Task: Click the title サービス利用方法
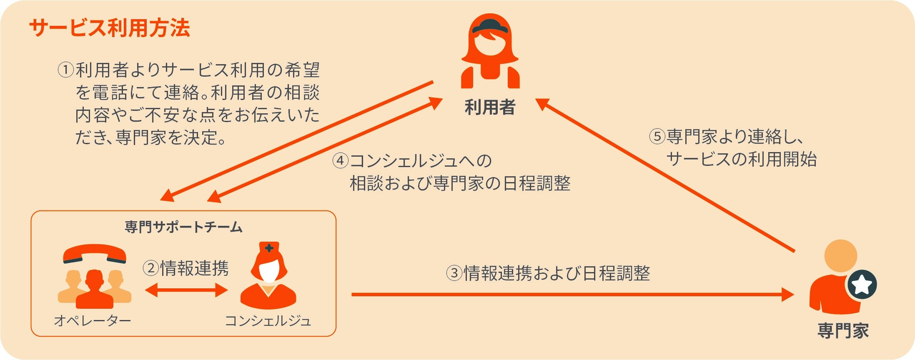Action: tap(110, 28)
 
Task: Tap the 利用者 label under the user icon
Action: tap(490, 107)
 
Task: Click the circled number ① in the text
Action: tap(65, 70)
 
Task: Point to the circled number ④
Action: tap(341, 161)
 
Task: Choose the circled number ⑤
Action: tap(657, 137)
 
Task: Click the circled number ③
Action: tap(454, 273)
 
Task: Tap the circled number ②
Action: tap(150, 268)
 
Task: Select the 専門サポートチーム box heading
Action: tap(183, 227)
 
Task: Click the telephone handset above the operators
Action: tap(95, 253)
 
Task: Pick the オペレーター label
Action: tap(93, 320)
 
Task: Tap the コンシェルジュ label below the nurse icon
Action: tap(268, 320)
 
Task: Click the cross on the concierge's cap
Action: tap(269, 248)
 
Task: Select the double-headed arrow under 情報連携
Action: tap(186, 290)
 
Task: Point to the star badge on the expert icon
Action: tap(862, 285)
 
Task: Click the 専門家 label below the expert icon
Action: tap(843, 331)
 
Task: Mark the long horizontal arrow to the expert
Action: tap(571, 295)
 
